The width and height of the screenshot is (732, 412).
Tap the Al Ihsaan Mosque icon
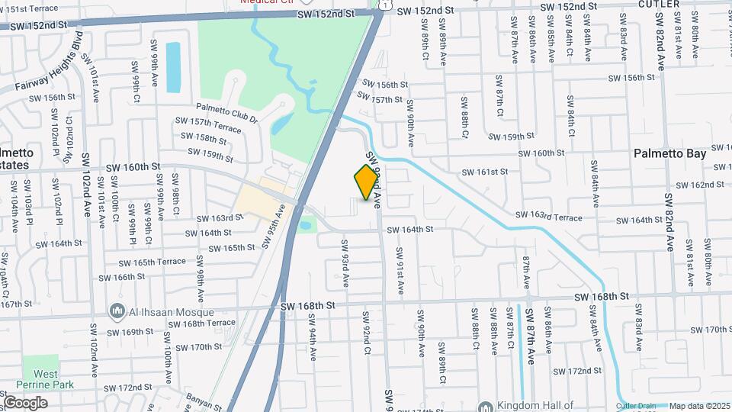117,311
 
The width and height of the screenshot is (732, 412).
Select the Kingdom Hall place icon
484,407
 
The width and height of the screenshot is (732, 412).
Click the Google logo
25,403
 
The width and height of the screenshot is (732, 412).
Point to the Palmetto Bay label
669,153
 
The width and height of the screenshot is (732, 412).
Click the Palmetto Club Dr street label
226,112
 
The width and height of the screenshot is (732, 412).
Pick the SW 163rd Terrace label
548,217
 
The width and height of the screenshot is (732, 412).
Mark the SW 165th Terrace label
152,262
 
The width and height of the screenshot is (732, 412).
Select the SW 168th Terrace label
193,323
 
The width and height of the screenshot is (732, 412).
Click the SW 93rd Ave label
345,262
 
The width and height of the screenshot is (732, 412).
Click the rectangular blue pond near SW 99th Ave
173,67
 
